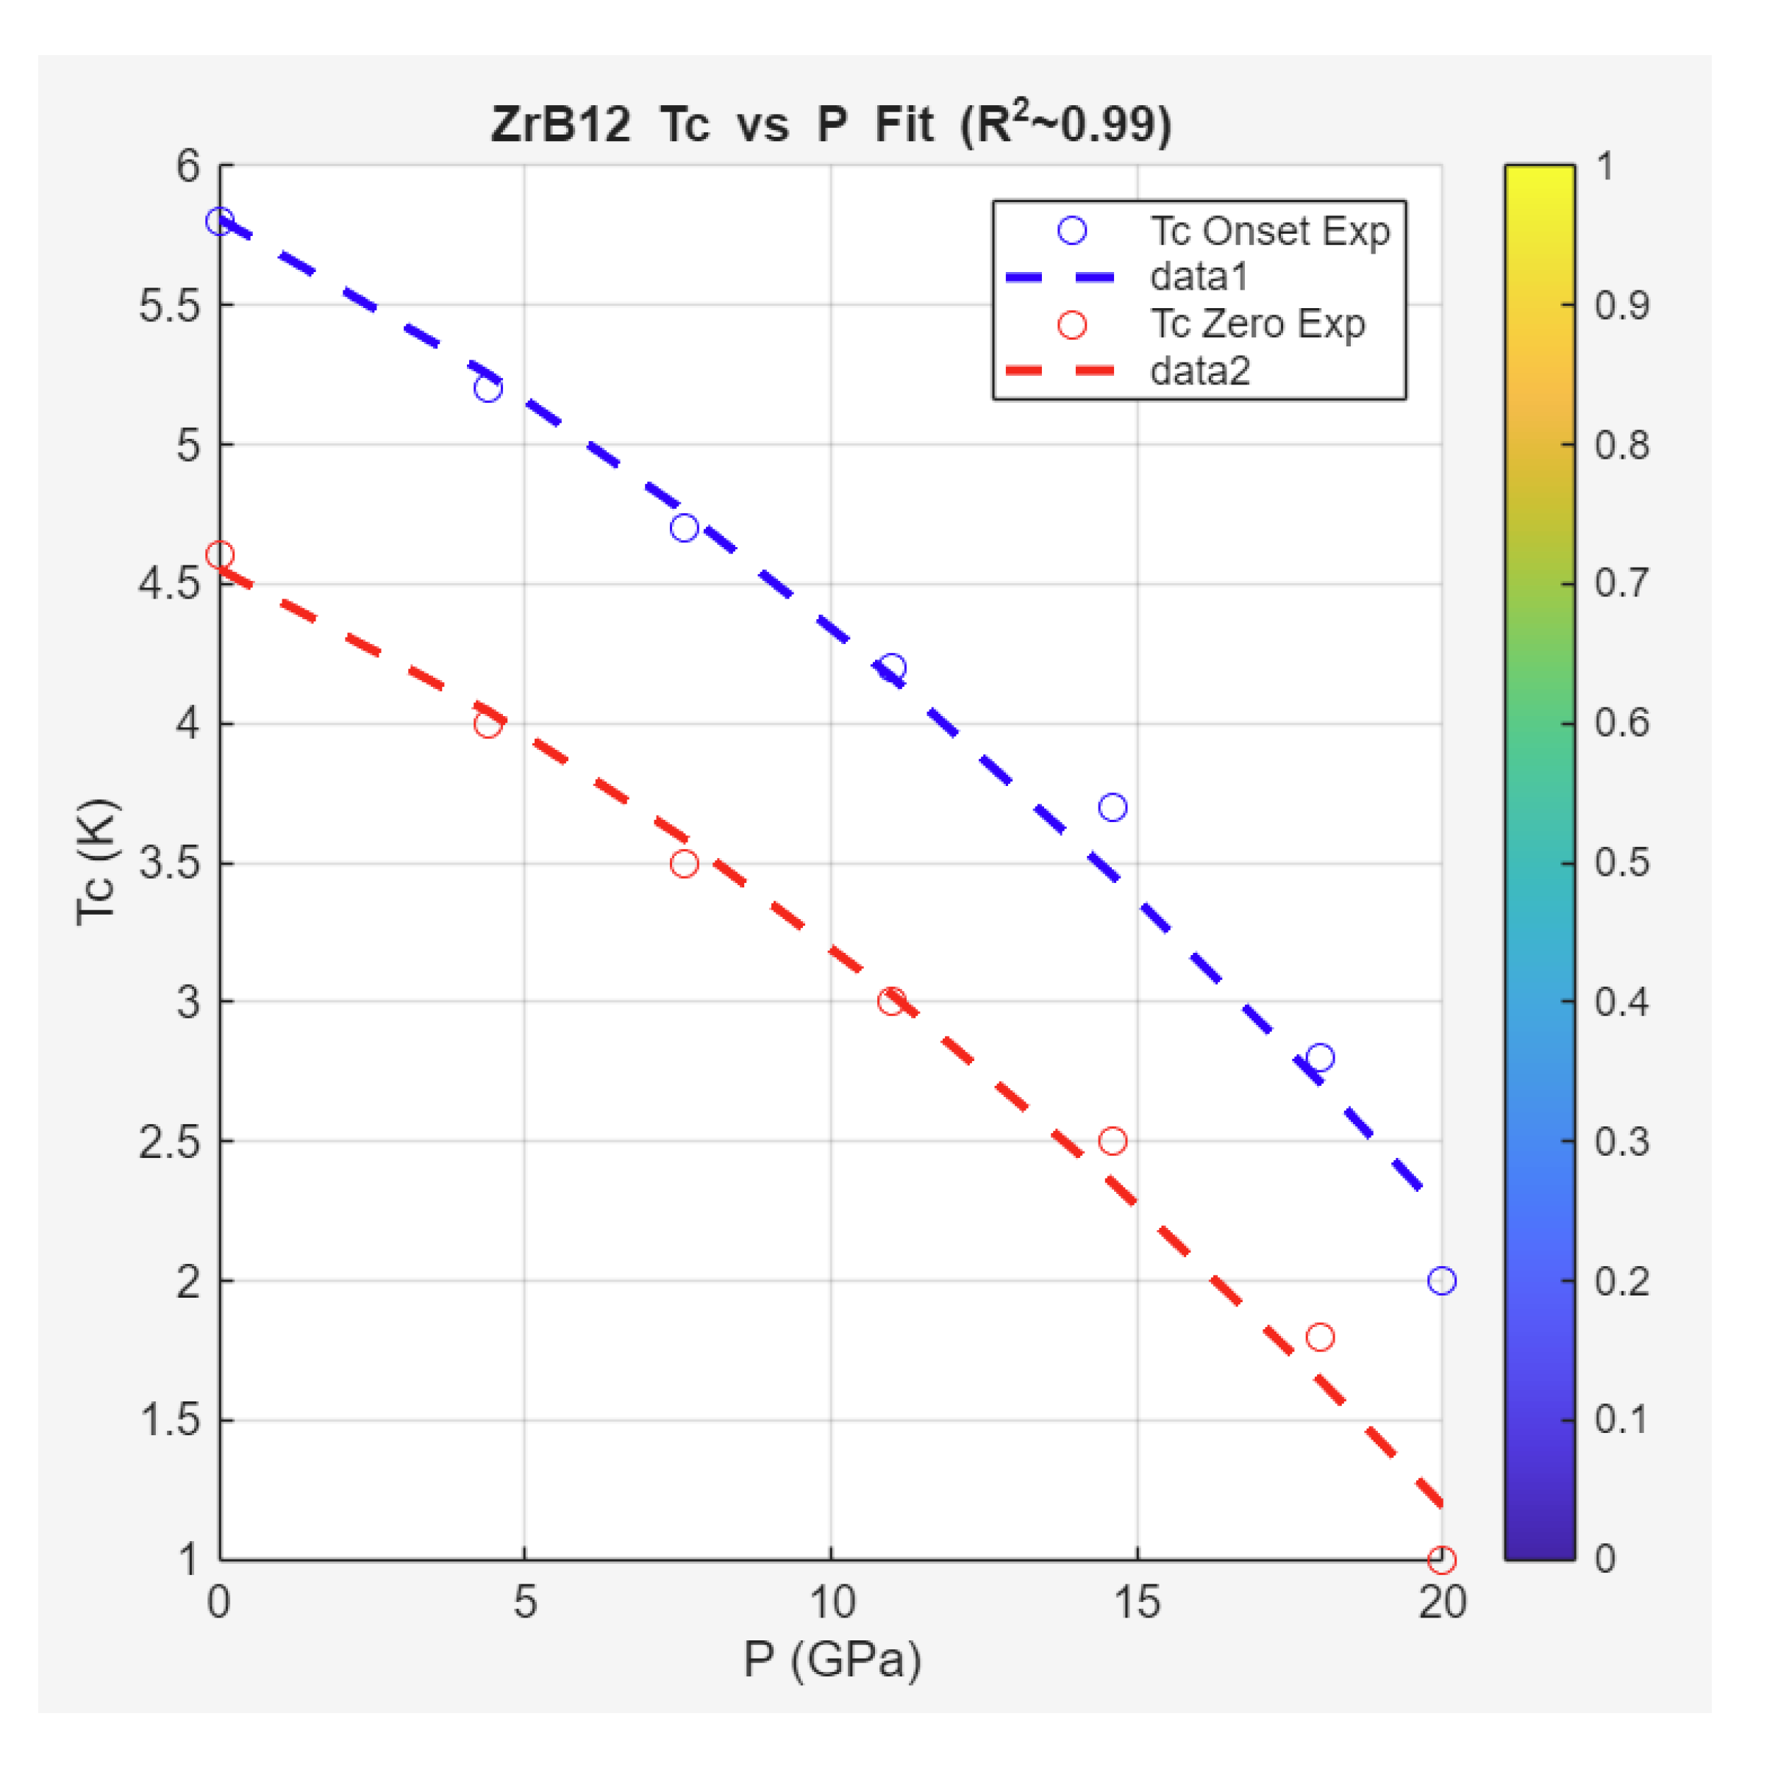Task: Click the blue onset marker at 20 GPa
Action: (x=1441, y=1280)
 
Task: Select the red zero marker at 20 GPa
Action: (x=1441, y=1559)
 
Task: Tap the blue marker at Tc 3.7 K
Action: (x=1113, y=807)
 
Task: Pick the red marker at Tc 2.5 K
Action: (x=1113, y=1141)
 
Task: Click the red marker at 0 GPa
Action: (x=219, y=555)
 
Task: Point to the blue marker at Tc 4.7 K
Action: (x=684, y=527)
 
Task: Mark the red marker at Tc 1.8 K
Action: (x=1320, y=1337)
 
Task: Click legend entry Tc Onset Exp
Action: (x=1269, y=230)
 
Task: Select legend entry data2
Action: (x=1199, y=371)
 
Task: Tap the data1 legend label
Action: (x=1199, y=276)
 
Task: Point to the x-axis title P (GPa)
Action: (x=832, y=1659)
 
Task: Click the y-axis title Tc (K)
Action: (x=96, y=862)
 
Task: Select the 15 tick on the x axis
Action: (x=1137, y=1602)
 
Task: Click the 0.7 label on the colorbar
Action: (x=1621, y=584)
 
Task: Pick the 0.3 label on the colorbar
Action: (x=1621, y=1141)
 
